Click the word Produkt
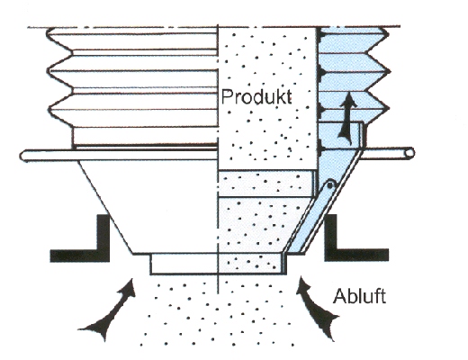coord(256,96)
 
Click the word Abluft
coord(359,296)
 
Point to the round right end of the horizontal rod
coord(409,154)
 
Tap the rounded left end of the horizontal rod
coord(24,156)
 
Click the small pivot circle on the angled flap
coord(330,184)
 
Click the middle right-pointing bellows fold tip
coord(388,71)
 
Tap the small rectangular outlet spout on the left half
coord(184,264)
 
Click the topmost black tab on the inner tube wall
coord(320,35)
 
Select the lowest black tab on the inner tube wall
coord(320,148)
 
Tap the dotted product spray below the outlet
coord(217,313)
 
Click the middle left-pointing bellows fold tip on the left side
coord(49,71)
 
